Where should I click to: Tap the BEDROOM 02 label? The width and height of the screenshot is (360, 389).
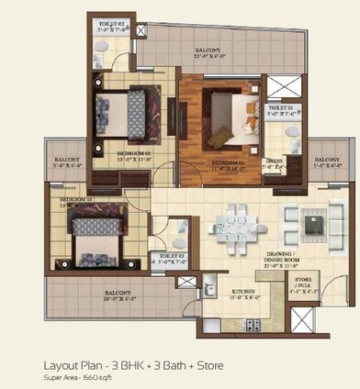[x=114, y=152]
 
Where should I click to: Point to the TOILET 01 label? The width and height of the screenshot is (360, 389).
[x=280, y=108]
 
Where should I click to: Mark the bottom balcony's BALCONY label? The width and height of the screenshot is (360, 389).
[x=103, y=292]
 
